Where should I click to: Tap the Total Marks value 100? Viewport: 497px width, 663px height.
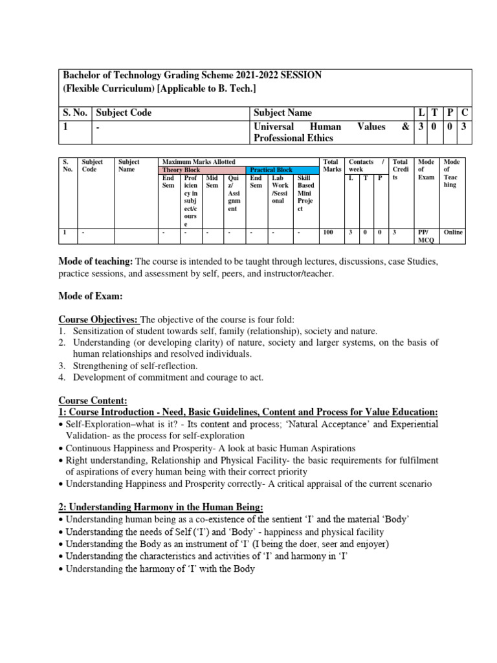[329, 232]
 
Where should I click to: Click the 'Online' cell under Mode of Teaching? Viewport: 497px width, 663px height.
[453, 232]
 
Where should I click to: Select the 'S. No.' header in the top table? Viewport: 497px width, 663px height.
[75, 113]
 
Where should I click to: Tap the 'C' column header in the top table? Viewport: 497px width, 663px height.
[464, 113]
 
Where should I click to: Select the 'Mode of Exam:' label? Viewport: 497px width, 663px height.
[91, 296]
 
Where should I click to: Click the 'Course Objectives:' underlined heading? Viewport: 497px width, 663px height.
[99, 319]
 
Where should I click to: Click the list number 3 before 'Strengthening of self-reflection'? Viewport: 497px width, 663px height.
[63, 366]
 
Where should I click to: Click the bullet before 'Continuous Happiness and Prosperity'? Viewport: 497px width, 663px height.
[61, 448]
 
